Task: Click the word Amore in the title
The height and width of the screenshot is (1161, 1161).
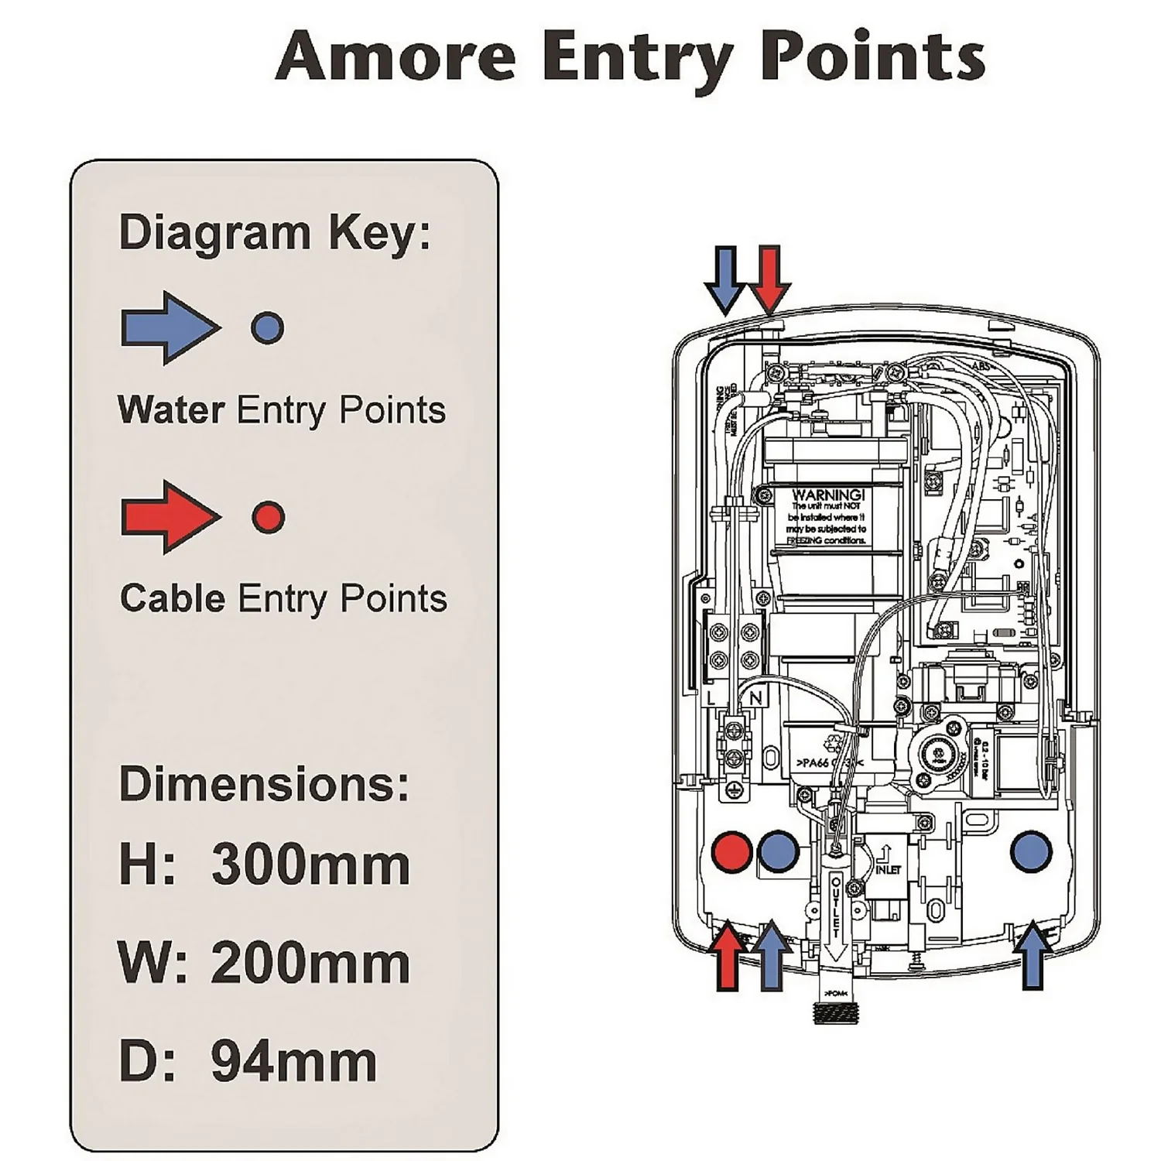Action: point(396,56)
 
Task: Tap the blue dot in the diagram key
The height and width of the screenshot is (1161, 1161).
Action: point(267,327)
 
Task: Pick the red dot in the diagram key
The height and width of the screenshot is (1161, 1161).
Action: point(269,516)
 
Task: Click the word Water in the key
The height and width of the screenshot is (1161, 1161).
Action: point(171,409)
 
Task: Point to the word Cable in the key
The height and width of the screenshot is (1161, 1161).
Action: point(173,598)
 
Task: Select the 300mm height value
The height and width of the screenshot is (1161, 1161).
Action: point(310,865)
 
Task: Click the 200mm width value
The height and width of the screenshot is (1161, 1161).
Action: point(310,964)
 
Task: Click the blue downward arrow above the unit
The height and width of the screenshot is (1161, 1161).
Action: point(725,279)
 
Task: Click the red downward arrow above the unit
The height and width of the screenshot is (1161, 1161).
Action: point(769,279)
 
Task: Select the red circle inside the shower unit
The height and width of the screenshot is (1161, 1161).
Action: point(731,851)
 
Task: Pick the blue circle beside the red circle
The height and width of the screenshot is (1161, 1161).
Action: point(778,851)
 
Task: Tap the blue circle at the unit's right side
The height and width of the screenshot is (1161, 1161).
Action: point(1031,851)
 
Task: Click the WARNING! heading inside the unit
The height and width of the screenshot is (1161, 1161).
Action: point(827,495)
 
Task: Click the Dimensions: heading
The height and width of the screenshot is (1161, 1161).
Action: point(264,783)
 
